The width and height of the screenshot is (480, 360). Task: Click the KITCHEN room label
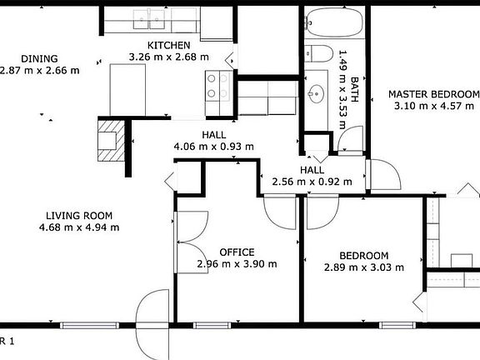[169, 45]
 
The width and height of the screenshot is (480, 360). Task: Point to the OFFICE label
[237, 252]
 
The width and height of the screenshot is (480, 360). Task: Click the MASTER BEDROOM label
[433, 94]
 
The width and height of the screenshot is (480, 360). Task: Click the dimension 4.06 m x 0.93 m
[213, 147]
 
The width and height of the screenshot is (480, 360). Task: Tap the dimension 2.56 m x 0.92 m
[312, 182]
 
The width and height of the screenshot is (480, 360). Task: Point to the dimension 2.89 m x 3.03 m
[363, 267]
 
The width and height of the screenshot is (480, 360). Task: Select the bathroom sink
[316, 92]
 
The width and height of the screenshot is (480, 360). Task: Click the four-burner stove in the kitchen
[217, 85]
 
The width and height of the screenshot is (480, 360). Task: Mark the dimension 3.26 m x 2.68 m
[168, 57]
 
